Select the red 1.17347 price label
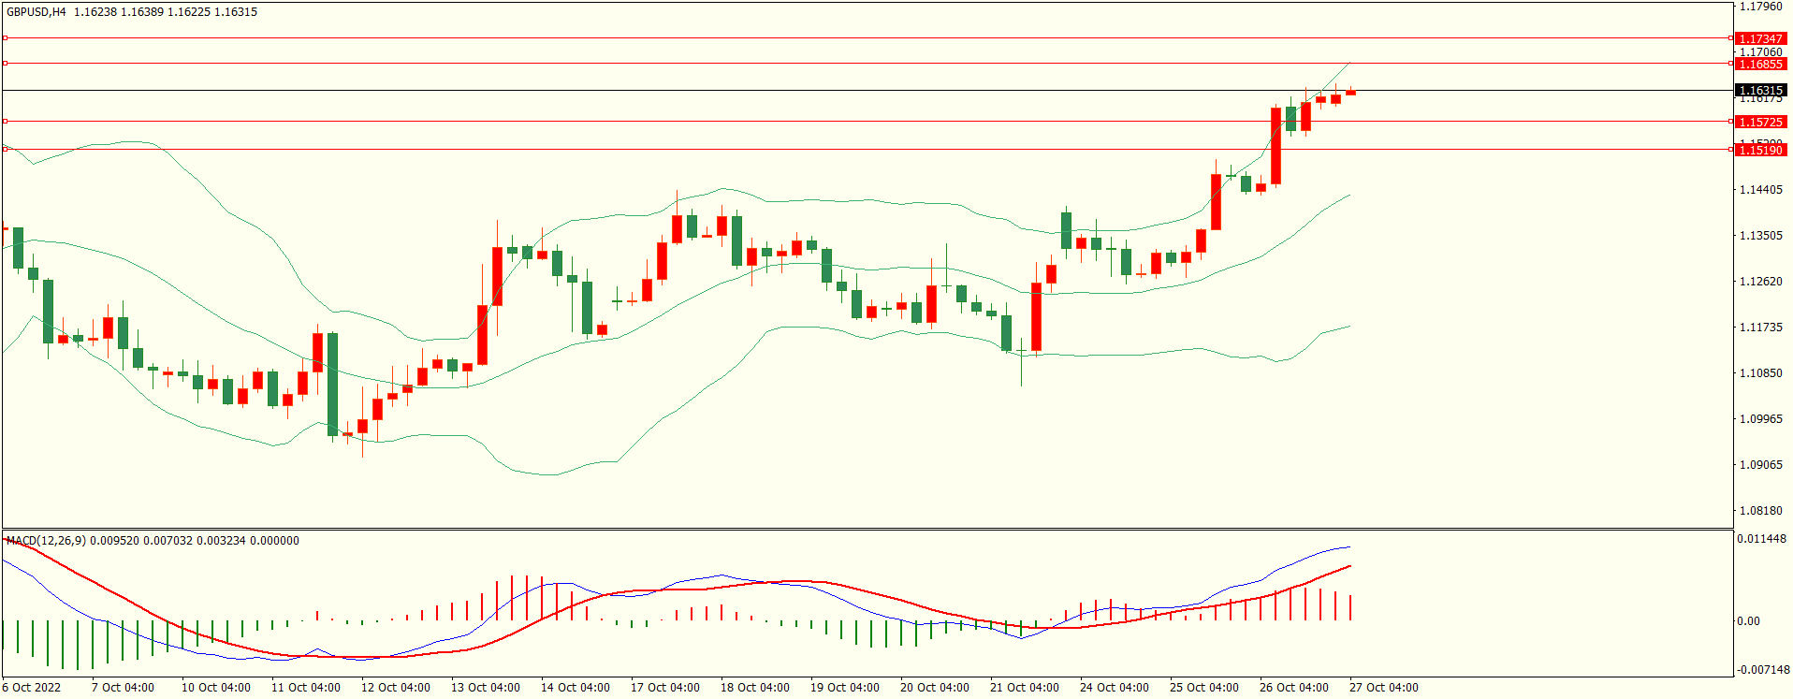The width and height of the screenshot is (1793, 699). coord(1760,38)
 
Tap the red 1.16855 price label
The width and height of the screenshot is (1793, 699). coord(1760,64)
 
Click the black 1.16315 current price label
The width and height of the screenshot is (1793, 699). coord(1760,90)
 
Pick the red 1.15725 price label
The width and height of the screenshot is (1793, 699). coord(1760,122)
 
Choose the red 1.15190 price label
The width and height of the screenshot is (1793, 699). coord(1760,150)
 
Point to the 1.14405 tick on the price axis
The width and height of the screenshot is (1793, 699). coord(1760,190)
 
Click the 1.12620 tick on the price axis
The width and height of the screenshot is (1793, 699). coord(1760,282)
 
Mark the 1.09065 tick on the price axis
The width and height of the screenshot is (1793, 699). coord(1760,465)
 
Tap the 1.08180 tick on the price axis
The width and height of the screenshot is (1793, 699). coord(1760,511)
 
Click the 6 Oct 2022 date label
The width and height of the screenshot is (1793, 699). coord(32,688)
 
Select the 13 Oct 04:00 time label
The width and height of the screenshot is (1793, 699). coord(485,688)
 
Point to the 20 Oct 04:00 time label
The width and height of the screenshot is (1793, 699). coord(934,688)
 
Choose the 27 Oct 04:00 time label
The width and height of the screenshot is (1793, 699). coord(1383,688)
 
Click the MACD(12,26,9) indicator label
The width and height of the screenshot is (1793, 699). coord(46,541)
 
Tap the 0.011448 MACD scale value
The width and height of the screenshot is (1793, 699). coord(1762,539)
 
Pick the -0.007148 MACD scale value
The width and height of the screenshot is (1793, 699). coord(1762,670)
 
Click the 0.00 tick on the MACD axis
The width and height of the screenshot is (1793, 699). coord(1748,621)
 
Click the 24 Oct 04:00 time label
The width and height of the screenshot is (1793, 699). coord(1114,688)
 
